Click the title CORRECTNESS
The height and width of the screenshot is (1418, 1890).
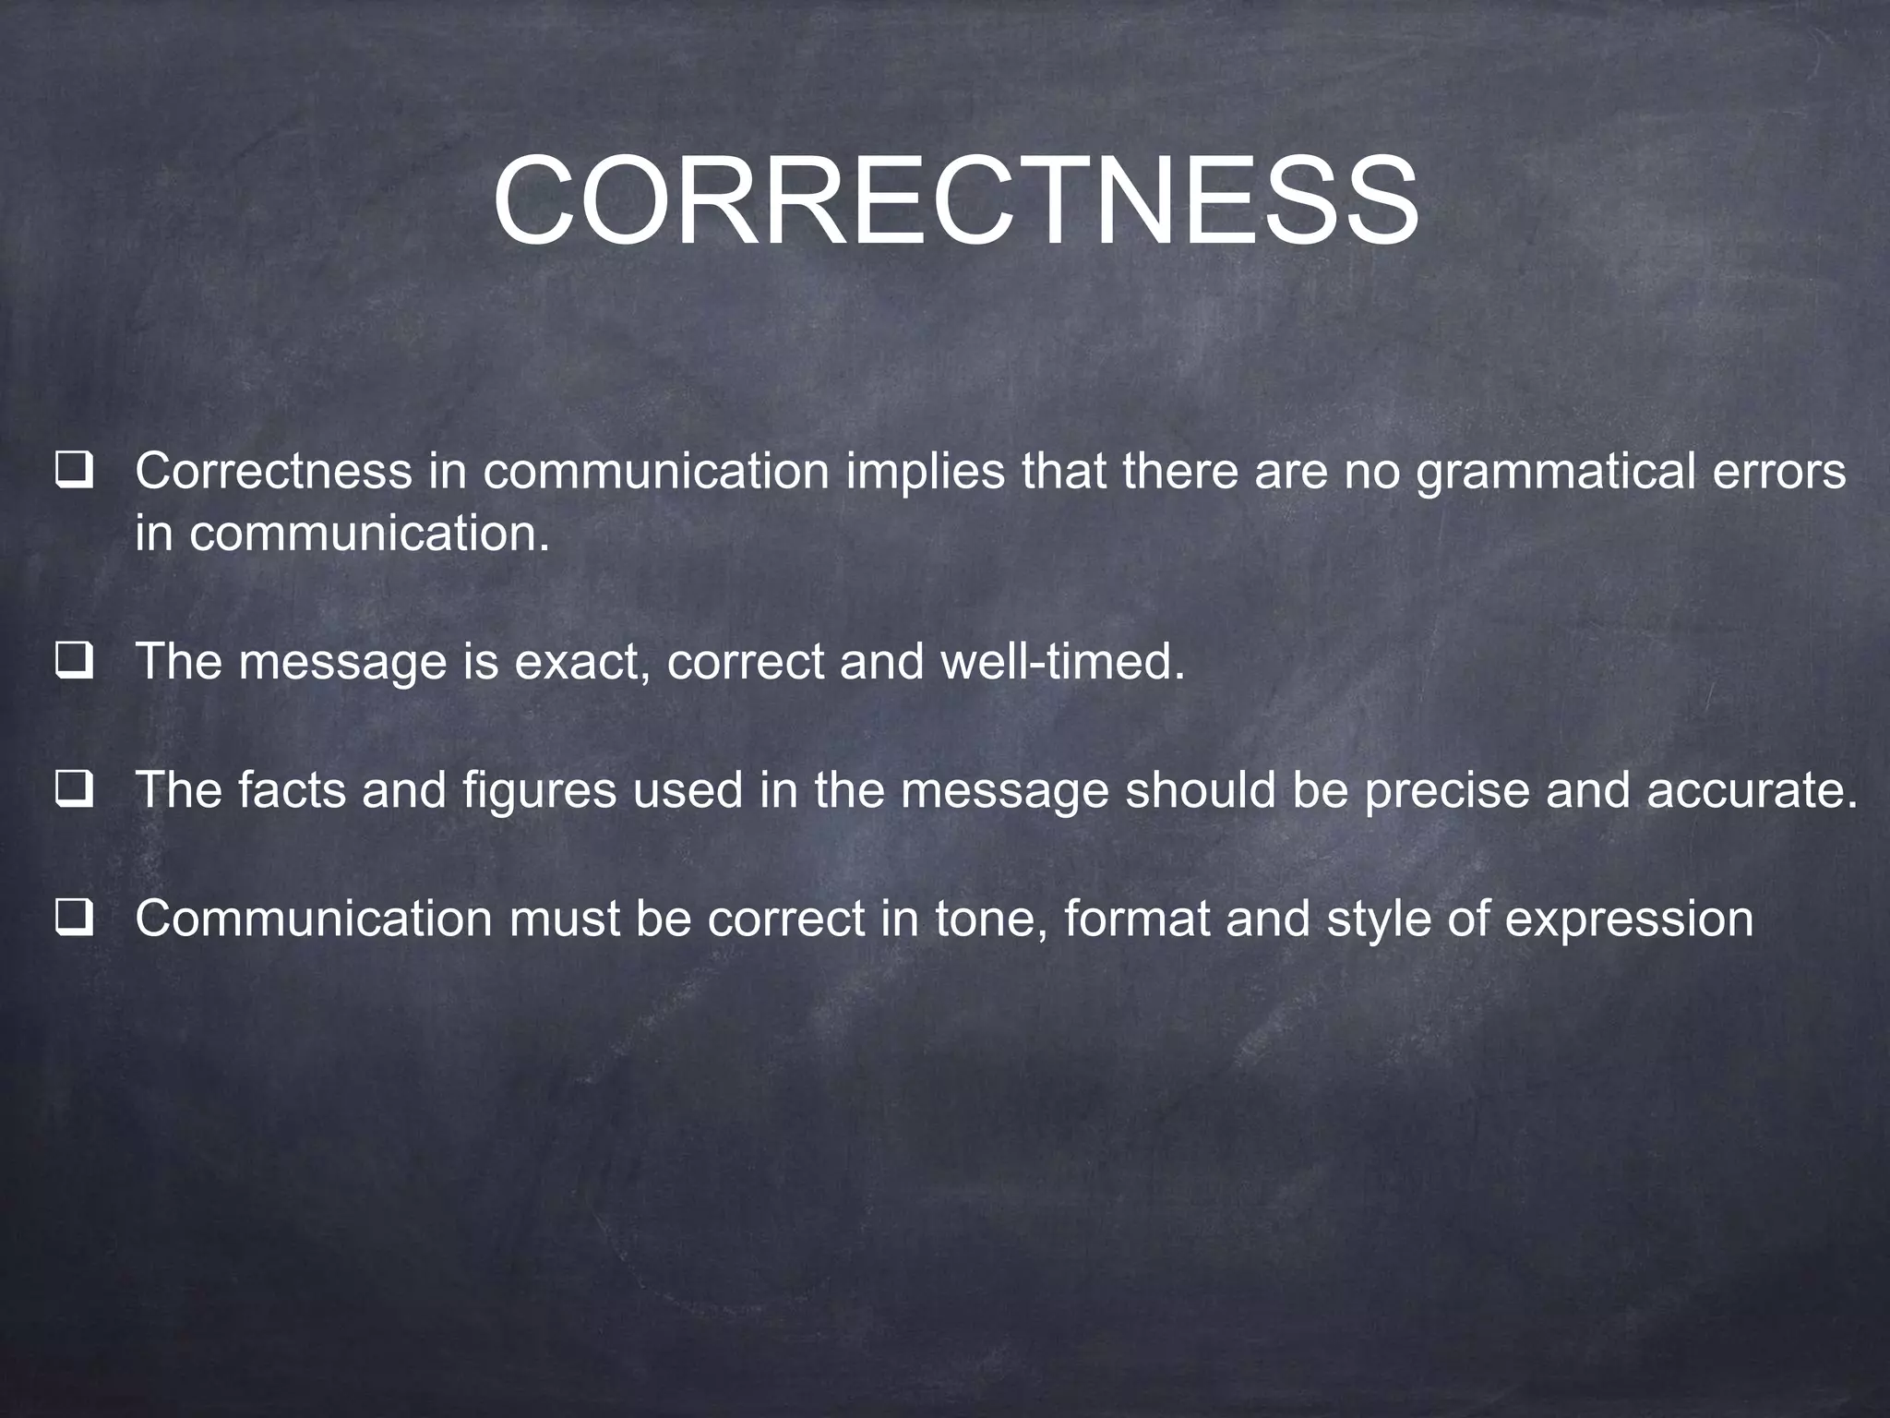(955, 202)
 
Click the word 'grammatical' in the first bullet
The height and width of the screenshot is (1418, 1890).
(1550, 473)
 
